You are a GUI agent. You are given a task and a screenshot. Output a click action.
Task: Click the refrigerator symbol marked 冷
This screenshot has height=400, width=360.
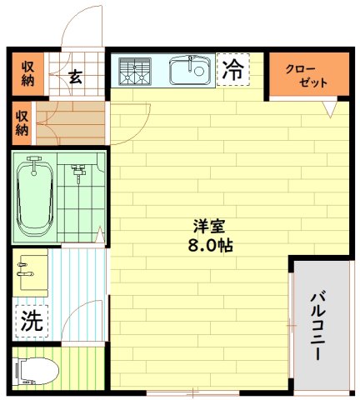234,70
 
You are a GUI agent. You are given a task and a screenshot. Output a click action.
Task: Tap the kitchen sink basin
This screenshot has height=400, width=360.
190,70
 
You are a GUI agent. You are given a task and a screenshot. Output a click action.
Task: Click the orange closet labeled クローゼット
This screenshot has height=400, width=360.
306,76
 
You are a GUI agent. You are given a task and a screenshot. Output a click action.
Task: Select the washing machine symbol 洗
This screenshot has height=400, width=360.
31,321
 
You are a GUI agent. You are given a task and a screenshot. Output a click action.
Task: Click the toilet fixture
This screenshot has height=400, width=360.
36,369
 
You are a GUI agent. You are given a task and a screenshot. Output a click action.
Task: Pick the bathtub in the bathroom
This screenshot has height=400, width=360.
35,196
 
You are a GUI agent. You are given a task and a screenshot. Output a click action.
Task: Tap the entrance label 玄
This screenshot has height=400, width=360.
74,77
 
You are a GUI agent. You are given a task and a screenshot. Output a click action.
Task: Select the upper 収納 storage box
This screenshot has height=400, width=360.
28,73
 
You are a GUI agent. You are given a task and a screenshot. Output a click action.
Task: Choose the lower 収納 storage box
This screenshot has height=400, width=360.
22,122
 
